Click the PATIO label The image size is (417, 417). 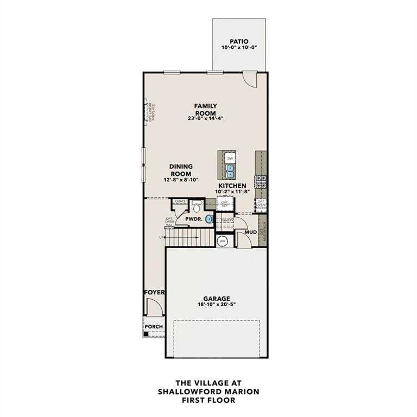click(x=239, y=41)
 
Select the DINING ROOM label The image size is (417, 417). click(x=181, y=170)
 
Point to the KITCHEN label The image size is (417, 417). click(x=232, y=186)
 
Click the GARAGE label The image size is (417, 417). click(x=217, y=298)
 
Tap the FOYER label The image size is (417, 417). click(x=154, y=292)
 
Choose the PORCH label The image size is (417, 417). click(x=154, y=326)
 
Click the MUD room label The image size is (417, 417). click(x=250, y=232)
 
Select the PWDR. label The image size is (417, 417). click(x=194, y=219)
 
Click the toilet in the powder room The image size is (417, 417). click(x=197, y=206)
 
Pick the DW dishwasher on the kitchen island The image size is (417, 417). click(x=230, y=158)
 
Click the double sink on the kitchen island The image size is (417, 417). click(x=230, y=172)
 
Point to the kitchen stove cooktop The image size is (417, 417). click(x=261, y=180)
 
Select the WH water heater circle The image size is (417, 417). click(x=222, y=241)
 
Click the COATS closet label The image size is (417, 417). click(x=180, y=201)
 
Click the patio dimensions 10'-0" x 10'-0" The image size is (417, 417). click(x=239, y=48)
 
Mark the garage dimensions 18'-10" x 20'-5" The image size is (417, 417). click(x=217, y=305)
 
